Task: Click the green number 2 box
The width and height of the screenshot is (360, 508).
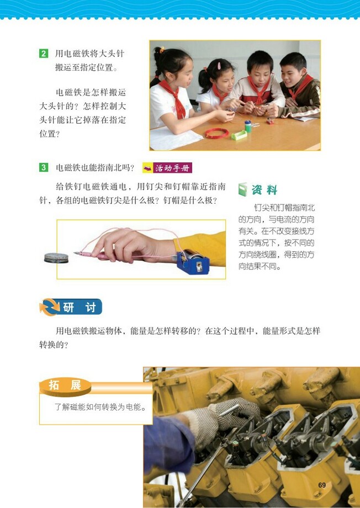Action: pyautogui.click(x=43, y=54)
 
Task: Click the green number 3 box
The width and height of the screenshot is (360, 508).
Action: pyautogui.click(x=43, y=167)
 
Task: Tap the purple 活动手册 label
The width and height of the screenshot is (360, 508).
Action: pyautogui.click(x=167, y=168)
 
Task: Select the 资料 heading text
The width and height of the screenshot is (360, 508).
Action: pyautogui.click(x=264, y=190)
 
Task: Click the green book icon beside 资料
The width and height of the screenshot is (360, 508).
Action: pyautogui.click(x=243, y=190)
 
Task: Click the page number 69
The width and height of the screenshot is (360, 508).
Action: pyautogui.click(x=322, y=485)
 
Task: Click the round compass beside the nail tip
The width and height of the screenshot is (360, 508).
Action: pyautogui.click(x=57, y=257)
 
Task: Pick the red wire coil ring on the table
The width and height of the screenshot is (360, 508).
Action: pyautogui.click(x=217, y=133)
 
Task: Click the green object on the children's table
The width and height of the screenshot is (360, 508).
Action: pyautogui.click(x=239, y=134)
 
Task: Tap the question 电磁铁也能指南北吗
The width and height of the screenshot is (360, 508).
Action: pyautogui.click(x=95, y=168)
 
